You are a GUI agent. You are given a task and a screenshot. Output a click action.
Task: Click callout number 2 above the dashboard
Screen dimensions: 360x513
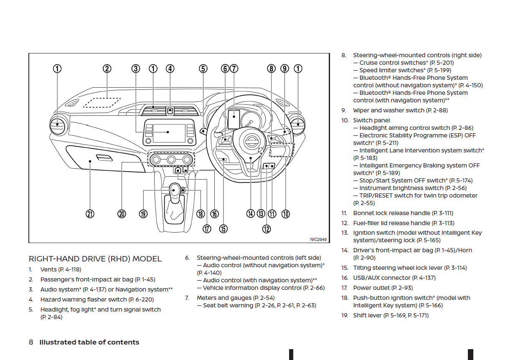coord(107,68)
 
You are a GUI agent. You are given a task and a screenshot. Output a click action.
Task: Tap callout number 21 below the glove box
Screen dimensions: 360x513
coord(90,214)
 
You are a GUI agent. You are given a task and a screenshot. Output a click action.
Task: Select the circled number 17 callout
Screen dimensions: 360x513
coord(207,228)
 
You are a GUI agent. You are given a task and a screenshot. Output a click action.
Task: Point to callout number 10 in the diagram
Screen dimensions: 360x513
coord(285,214)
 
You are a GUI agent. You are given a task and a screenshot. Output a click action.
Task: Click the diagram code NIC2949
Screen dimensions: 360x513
coord(318,239)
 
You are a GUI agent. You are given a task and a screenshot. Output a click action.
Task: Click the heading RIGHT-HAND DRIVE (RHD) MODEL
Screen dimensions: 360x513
coord(95,259)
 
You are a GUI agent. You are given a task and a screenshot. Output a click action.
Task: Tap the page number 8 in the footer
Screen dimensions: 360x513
coord(31,342)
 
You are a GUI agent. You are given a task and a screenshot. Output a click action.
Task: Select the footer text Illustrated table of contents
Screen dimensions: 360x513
coord(89,342)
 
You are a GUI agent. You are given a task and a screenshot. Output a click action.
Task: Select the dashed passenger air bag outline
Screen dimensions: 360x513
coord(102,102)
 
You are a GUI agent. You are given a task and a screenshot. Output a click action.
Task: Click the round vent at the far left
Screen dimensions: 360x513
coord(57,126)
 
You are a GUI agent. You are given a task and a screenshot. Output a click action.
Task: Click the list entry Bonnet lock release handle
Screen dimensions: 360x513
coord(403,213)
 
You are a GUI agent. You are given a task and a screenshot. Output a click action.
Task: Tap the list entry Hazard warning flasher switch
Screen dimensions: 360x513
coord(97,299)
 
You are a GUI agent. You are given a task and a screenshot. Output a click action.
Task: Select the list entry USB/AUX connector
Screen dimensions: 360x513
coord(388,278)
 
